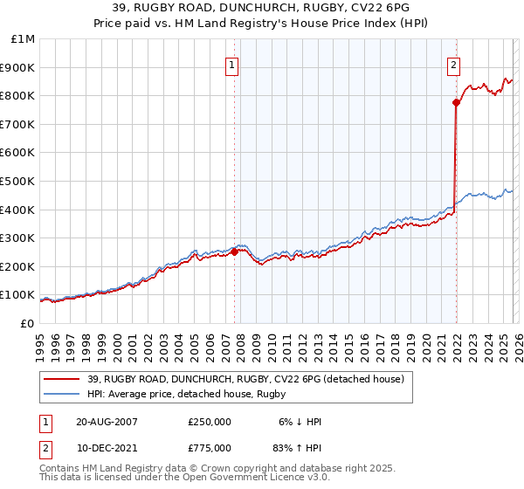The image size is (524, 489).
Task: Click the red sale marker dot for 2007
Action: pyautogui.click(x=234, y=251)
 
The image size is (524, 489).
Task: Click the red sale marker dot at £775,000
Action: pyautogui.click(x=456, y=102)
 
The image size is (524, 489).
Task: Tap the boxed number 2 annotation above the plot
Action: pyautogui.click(x=455, y=64)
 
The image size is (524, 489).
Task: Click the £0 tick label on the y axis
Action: pyautogui.click(x=27, y=323)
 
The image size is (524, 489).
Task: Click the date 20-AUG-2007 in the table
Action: pyautogui.click(x=107, y=422)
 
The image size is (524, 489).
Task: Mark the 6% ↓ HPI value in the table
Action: pyautogui.click(x=300, y=422)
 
